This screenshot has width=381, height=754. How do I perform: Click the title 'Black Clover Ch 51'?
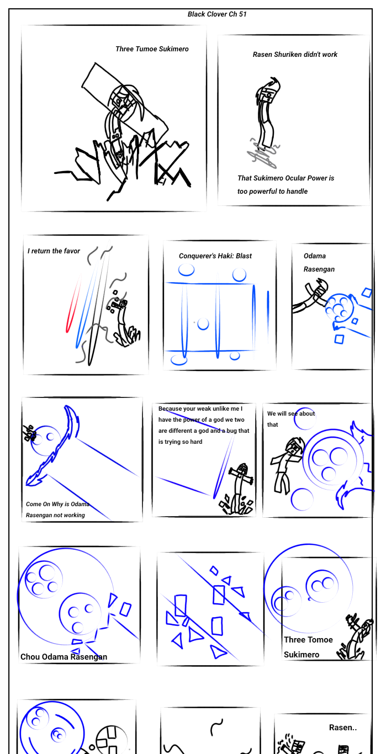pos(217,14)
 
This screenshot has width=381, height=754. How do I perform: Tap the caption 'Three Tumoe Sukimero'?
pos(152,49)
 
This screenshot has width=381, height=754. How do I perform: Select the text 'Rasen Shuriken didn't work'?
pos(295,55)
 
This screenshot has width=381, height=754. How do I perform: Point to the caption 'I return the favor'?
pos(54,251)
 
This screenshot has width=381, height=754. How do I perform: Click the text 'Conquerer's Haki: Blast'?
pos(215,256)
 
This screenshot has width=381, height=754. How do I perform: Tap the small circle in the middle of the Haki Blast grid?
pos(203,324)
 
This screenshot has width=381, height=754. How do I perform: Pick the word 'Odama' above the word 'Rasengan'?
pos(315,256)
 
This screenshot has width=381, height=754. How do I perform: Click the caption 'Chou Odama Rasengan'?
pos(64,657)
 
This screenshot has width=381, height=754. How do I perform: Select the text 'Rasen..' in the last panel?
pos(343,728)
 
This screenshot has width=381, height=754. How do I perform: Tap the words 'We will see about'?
pos(291,413)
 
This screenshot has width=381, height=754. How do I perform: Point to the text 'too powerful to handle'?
pos(273,191)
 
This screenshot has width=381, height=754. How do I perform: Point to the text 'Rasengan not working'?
pos(55,515)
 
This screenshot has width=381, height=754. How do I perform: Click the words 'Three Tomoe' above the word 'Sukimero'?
pos(308,640)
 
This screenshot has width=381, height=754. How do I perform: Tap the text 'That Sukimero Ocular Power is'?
pos(285,178)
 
